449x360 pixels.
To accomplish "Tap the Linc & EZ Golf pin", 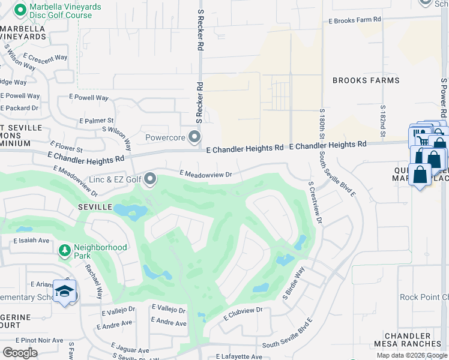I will (x=150, y=179).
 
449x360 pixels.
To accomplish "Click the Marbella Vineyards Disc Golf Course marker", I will (x=19, y=10).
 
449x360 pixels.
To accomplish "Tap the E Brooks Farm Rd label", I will (x=355, y=20).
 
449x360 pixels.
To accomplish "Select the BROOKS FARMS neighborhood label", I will (x=366, y=80).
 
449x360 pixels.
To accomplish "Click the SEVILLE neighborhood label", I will (x=95, y=206).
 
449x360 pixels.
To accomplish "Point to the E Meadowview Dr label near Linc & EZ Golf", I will (x=205, y=174).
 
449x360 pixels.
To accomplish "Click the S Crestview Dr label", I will (x=315, y=204).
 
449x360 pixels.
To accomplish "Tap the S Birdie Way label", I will (x=294, y=284).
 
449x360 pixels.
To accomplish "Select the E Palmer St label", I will (x=96, y=121).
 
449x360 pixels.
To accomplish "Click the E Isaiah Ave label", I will (x=31, y=241).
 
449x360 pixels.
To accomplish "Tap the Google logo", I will (x=20, y=353).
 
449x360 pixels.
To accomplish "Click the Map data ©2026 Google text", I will (x=411, y=355).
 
